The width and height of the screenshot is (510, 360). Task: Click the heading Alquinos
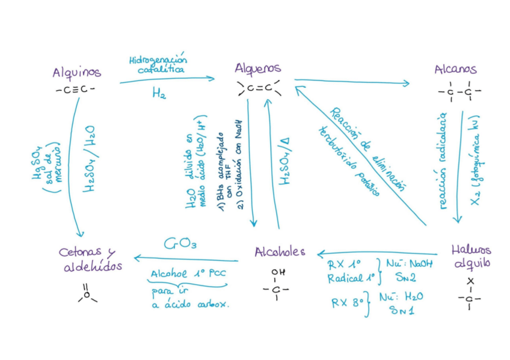point(76,73)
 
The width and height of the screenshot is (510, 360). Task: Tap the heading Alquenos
point(258,69)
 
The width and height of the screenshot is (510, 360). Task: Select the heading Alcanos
point(455,70)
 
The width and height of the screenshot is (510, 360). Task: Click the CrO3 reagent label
point(179,244)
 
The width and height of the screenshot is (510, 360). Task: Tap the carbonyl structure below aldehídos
point(87,293)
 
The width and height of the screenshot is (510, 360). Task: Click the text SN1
point(401,310)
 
